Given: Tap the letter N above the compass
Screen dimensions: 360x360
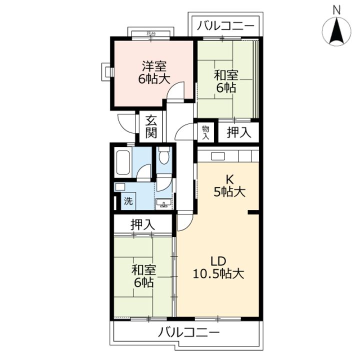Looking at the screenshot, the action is [x=336, y=10].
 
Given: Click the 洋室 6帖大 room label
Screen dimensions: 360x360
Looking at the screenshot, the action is [x=154, y=72].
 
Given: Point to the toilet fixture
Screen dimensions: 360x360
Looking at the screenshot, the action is [x=164, y=155].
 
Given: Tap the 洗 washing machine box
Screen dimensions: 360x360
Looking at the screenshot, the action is [x=128, y=201].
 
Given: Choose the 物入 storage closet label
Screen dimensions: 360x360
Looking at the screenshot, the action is [x=205, y=132].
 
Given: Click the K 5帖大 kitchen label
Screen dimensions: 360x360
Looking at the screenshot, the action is [x=229, y=185].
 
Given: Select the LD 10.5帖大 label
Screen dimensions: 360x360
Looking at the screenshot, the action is [x=218, y=267].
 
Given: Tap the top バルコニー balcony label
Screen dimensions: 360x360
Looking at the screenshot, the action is [x=226, y=25].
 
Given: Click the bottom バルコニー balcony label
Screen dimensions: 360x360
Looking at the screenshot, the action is [x=188, y=332].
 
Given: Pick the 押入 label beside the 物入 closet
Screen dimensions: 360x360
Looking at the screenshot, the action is [x=239, y=132].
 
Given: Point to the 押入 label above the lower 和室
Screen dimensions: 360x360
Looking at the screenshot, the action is [x=143, y=224].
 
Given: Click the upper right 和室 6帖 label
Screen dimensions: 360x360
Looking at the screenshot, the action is [x=226, y=81].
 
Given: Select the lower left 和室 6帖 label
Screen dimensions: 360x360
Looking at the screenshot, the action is [x=143, y=276].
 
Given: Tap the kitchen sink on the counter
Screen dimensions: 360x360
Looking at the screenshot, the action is [x=218, y=156].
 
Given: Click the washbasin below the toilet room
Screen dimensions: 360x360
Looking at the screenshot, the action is [x=163, y=203].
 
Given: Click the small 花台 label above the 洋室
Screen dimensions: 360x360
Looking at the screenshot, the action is [x=151, y=34].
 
